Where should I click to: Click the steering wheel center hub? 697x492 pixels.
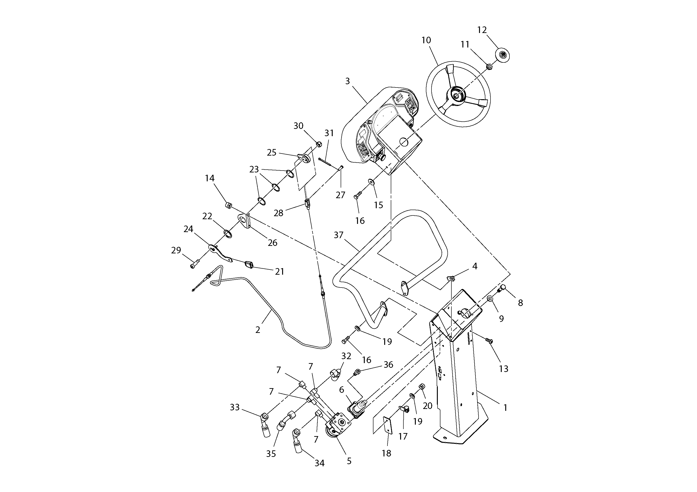(x=456, y=96)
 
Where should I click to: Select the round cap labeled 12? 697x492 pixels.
(x=502, y=55)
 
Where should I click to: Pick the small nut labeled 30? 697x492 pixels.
(x=319, y=144)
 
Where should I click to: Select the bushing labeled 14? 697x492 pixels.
(x=228, y=206)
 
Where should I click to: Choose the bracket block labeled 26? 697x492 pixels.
(x=245, y=221)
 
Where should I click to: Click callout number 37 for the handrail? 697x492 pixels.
(x=339, y=235)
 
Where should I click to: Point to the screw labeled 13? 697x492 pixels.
(x=489, y=341)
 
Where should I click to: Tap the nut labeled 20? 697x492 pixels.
(x=422, y=387)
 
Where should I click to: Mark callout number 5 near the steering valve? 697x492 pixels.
(x=349, y=461)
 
